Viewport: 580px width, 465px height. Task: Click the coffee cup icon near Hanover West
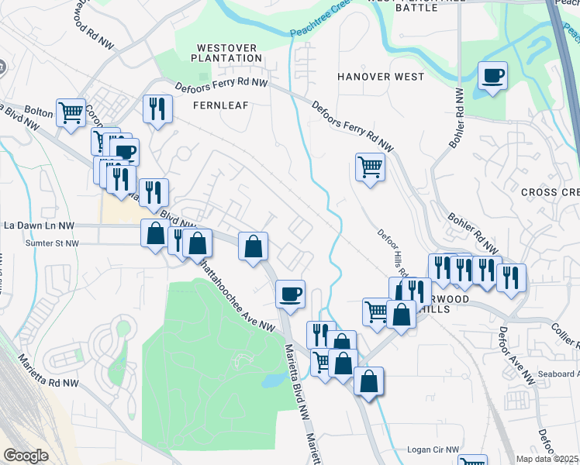[492, 76]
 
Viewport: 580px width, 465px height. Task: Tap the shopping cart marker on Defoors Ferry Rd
[370, 167]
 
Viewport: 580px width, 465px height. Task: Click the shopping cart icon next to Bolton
[71, 112]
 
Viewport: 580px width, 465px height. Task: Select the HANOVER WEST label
[381, 77]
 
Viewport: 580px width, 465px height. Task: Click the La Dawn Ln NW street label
[39, 226]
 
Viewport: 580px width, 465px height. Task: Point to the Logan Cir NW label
[433, 449]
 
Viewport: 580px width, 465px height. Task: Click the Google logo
[26, 456]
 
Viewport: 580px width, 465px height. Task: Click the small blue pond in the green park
[272, 381]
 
